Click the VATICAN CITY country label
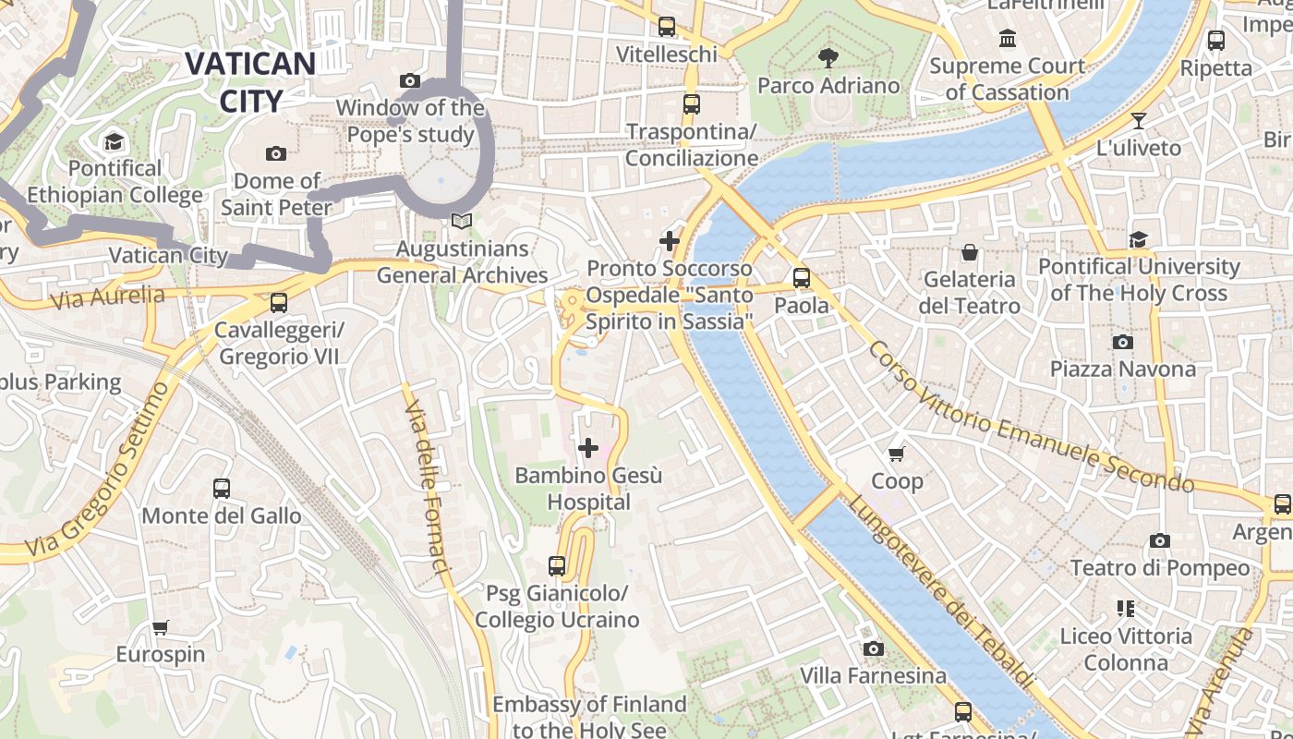(x=250, y=81)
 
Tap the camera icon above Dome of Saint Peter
(x=275, y=153)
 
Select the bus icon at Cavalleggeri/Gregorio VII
(x=278, y=302)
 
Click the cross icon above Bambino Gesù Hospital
(x=588, y=449)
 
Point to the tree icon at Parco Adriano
(x=828, y=58)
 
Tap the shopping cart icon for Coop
(x=896, y=454)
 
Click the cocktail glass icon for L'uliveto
(x=1139, y=121)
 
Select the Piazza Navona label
(x=1122, y=369)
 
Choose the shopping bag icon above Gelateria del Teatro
(x=970, y=252)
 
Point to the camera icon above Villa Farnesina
(x=873, y=649)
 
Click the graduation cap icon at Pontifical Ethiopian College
(x=115, y=141)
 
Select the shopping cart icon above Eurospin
(x=160, y=628)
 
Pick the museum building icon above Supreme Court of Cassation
(x=1008, y=39)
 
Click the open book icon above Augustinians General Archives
(x=461, y=222)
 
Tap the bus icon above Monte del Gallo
(x=222, y=489)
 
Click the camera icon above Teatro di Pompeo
(x=1160, y=541)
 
